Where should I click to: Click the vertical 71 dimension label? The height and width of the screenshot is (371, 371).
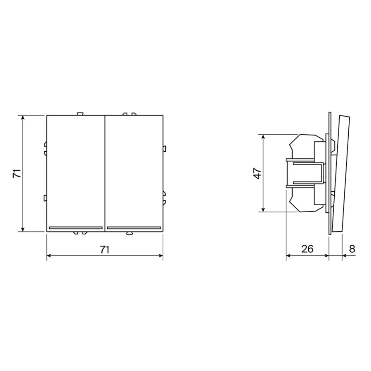pyautogui.click(x=17, y=174)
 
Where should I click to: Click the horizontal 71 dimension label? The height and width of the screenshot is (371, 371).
pyautogui.click(x=104, y=249)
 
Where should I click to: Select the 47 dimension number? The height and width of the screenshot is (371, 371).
pyautogui.click(x=257, y=173)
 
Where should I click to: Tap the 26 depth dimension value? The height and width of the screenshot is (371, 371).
pyautogui.click(x=308, y=249)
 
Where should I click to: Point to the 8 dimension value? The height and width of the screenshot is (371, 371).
pyautogui.click(x=352, y=249)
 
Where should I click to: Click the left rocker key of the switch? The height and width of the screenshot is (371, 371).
pyautogui.click(x=75, y=173)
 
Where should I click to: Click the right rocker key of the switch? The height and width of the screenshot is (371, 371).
pyautogui.click(x=134, y=173)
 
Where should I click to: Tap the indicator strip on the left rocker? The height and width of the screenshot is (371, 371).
pyautogui.click(x=75, y=228)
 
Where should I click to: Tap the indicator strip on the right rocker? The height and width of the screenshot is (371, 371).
pyautogui.click(x=134, y=228)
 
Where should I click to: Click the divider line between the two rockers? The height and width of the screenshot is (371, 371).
pyautogui.click(x=105, y=173)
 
